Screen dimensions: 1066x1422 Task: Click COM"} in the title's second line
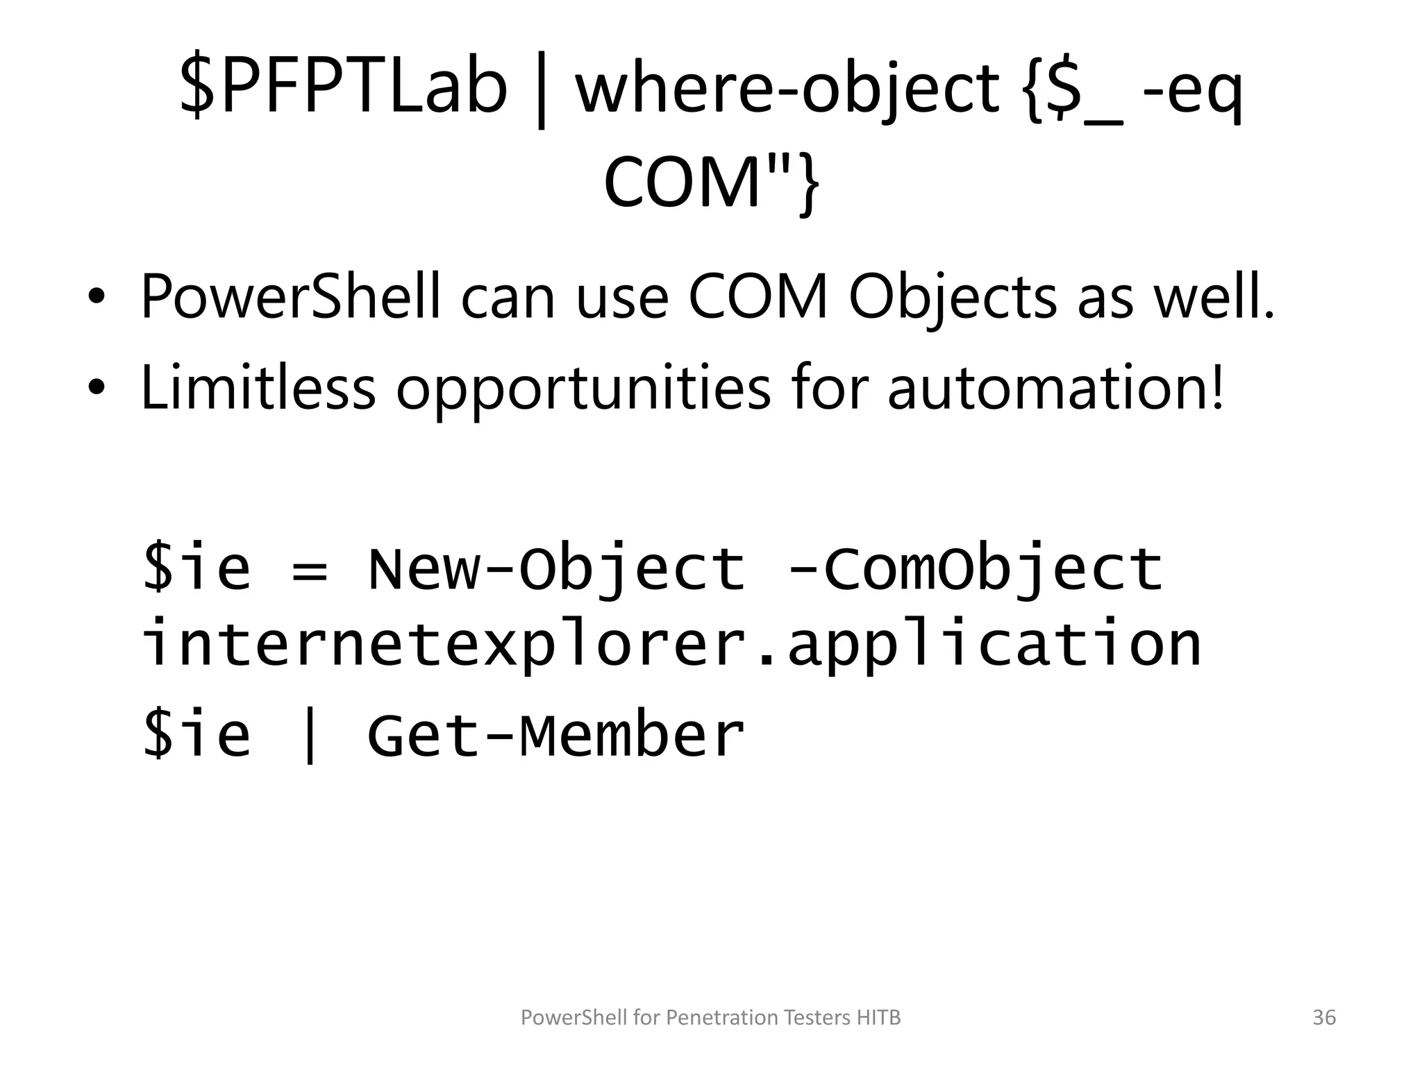711,182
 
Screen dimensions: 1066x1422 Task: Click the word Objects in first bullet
952,298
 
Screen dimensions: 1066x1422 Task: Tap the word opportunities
583,389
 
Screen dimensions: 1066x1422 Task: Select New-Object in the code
555,569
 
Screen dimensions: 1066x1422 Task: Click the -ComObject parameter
975,569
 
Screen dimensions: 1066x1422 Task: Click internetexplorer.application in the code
670,645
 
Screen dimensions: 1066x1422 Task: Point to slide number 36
1324,1017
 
